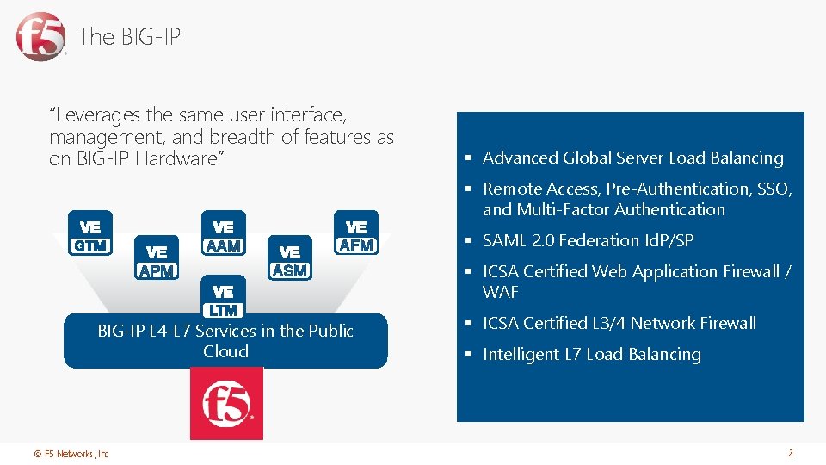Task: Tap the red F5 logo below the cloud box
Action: pyautogui.click(x=226, y=403)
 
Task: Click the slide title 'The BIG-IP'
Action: pyautogui.click(x=129, y=37)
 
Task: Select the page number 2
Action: pyautogui.click(x=790, y=453)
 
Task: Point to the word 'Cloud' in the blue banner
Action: pyautogui.click(x=225, y=351)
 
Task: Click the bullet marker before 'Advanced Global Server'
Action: pyautogui.click(x=471, y=158)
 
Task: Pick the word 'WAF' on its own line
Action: pyautogui.click(x=501, y=292)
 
